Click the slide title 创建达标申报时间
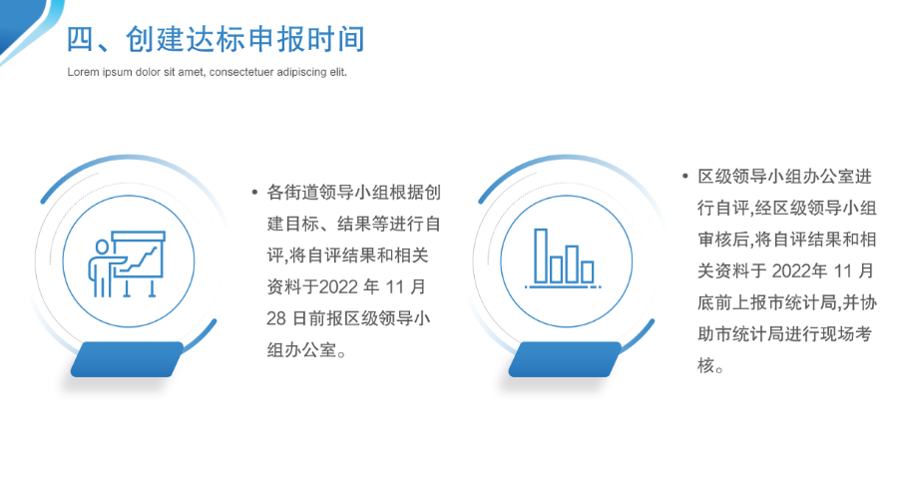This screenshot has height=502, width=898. click(x=245, y=39)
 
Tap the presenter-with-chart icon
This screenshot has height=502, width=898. click(x=127, y=263)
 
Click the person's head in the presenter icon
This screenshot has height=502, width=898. click(x=102, y=247)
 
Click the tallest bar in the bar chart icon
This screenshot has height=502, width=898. click(x=541, y=255)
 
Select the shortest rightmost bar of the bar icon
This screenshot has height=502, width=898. click(x=588, y=271)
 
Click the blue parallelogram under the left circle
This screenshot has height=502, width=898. click(x=127, y=359)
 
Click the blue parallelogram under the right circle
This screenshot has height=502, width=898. click(x=566, y=359)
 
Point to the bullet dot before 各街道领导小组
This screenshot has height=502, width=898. click(x=254, y=193)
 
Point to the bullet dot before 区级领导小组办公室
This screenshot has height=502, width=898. click(x=685, y=177)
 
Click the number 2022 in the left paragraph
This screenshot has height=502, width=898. click(x=338, y=286)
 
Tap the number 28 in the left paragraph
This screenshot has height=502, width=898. click(x=276, y=318)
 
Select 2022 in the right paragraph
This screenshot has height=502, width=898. click(x=791, y=271)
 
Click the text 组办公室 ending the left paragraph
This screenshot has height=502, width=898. click(x=301, y=349)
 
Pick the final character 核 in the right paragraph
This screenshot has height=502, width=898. click(x=705, y=365)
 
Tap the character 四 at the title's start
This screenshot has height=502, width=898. click(x=80, y=40)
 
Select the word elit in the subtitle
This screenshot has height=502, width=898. click(x=337, y=72)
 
